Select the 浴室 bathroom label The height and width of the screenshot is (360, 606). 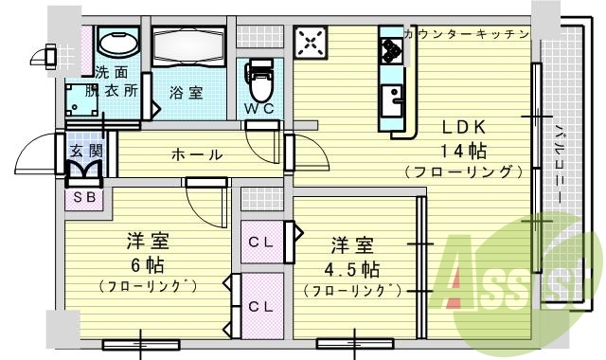[186, 93]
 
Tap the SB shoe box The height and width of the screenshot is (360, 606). [82, 198]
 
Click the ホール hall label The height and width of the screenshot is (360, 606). [197, 154]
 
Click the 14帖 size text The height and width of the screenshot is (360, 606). [462, 151]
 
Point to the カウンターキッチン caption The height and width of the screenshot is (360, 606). [466, 34]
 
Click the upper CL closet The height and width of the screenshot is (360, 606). [261, 242]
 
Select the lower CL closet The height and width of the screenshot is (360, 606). [261, 305]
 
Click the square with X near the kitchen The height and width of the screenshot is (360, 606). [311, 43]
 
